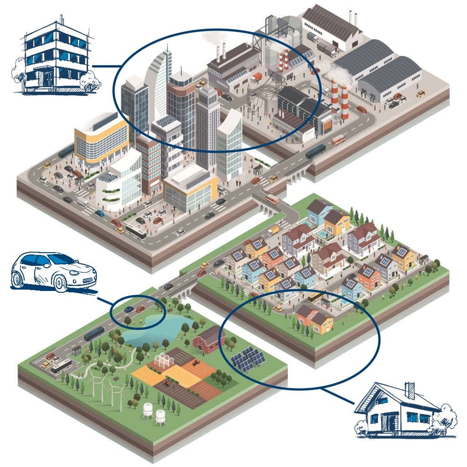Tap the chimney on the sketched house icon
pos(410,390)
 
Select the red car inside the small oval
pos(140,309)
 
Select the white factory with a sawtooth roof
pos(332,28)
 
